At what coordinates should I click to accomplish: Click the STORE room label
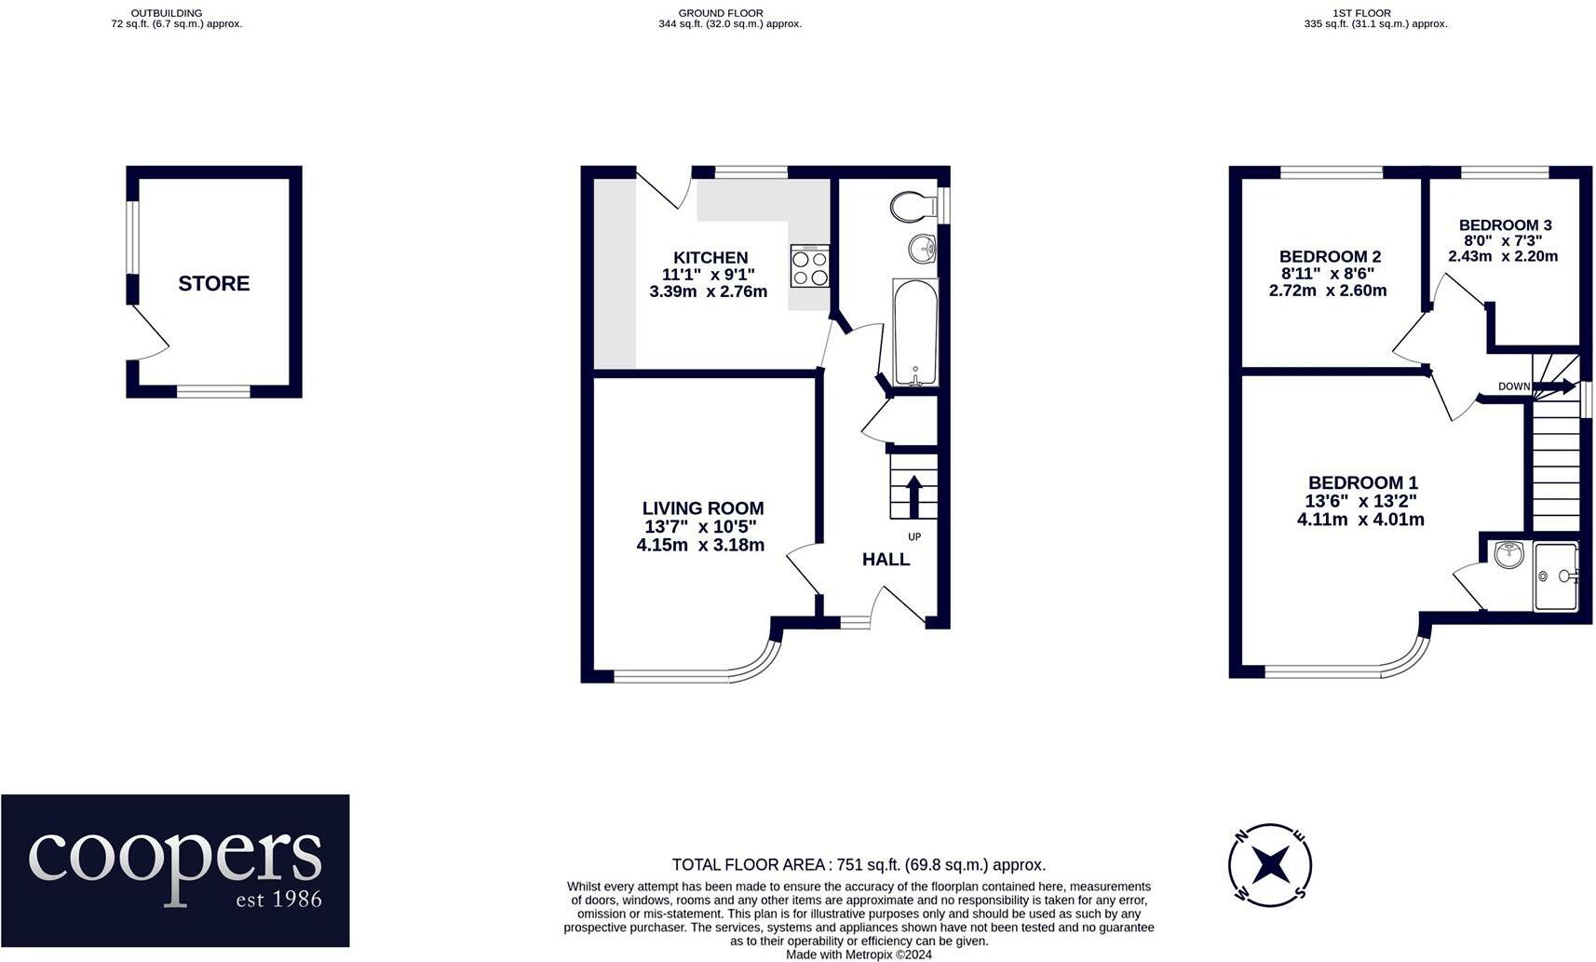tap(213, 283)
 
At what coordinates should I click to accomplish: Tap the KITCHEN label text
tap(710, 258)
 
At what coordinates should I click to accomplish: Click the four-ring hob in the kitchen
tap(809, 265)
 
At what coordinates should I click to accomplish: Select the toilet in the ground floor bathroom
tap(912, 206)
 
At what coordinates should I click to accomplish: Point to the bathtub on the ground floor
tap(915, 332)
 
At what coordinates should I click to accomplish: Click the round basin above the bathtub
tap(924, 248)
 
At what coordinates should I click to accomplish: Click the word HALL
tap(886, 560)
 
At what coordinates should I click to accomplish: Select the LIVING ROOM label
tap(703, 508)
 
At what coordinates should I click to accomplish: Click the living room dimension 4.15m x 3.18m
tap(700, 545)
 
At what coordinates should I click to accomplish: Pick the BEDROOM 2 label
tap(1330, 257)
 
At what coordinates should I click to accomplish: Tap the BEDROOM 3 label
tap(1505, 225)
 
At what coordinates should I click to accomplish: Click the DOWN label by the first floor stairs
tap(1513, 386)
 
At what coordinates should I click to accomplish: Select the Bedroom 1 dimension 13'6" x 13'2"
tap(1360, 501)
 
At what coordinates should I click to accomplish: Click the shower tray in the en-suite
tap(1555, 576)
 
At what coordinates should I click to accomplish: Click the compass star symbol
tap(1270, 865)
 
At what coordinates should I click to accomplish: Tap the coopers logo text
tap(175, 859)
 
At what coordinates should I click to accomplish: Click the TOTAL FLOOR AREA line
tap(859, 865)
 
